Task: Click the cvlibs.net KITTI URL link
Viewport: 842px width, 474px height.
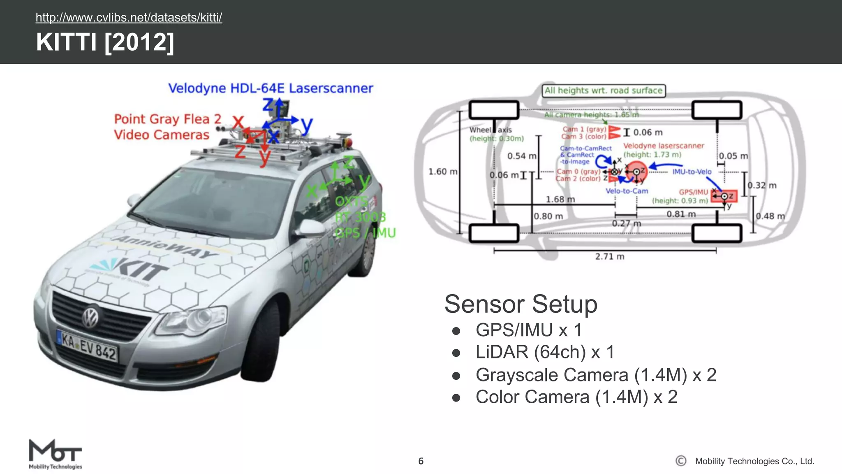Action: tap(129, 18)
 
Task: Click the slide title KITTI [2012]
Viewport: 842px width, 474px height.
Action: tap(105, 42)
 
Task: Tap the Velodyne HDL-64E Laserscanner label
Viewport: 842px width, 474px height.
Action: tap(271, 88)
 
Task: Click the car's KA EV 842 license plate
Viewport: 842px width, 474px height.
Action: tap(88, 346)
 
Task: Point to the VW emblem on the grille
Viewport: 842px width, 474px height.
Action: tap(90, 317)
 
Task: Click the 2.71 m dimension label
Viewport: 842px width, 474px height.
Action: tap(609, 257)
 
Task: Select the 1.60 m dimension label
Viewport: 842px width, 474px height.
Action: tap(442, 172)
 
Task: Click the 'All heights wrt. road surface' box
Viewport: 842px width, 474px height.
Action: tap(604, 91)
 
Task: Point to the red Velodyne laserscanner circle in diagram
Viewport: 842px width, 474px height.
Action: tap(637, 172)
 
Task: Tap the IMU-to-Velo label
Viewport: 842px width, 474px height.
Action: tap(692, 172)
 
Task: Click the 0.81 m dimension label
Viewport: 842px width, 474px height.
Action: tap(681, 214)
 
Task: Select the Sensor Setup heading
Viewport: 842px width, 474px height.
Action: tap(520, 304)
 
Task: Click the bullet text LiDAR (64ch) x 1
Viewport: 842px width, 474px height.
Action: tap(545, 352)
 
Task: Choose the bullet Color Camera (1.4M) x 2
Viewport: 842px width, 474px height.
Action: tap(576, 397)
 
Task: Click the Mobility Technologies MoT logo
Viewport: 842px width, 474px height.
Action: tap(56, 454)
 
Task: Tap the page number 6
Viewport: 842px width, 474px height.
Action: tap(421, 461)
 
